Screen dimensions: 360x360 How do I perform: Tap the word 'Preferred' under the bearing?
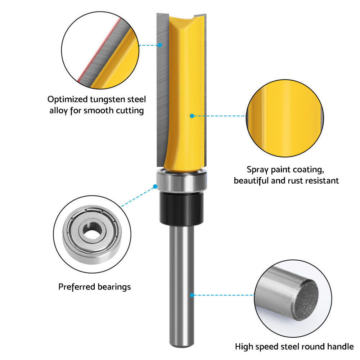[77, 287]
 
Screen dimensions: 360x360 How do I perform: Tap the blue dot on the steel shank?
[192, 295]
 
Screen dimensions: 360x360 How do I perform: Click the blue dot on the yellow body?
[192, 116]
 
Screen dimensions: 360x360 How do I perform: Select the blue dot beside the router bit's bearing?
[155, 186]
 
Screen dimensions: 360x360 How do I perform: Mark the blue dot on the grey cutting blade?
[161, 45]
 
